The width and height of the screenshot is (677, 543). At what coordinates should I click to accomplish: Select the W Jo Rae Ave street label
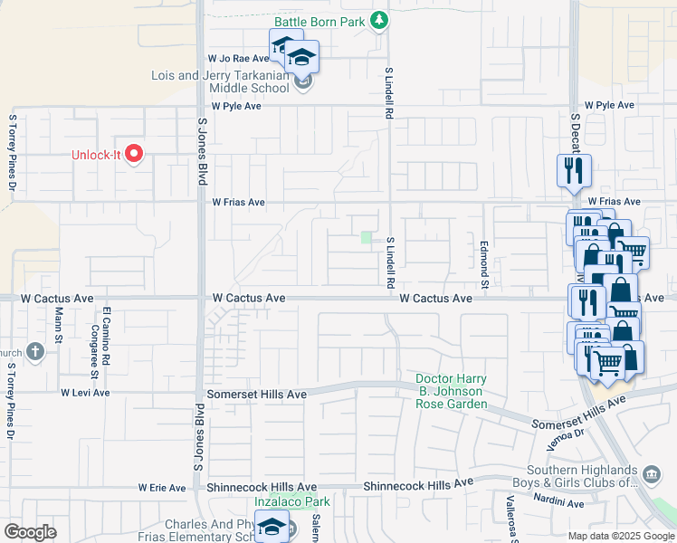pos(233,57)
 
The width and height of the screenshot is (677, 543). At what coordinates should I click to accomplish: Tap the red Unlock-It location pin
pos(135,155)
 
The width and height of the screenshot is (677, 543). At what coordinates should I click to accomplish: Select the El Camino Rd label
pos(106,329)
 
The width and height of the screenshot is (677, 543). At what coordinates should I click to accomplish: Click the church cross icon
pos(34,351)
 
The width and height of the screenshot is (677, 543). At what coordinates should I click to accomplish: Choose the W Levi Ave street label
pos(85,393)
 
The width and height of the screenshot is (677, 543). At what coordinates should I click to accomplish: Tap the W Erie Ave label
pos(162,488)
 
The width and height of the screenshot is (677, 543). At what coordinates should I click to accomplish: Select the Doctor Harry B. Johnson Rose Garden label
pos(451,391)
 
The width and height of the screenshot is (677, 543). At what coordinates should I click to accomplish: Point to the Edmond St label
pos(484,263)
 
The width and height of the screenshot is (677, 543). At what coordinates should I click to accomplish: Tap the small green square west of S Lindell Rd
pos(367,237)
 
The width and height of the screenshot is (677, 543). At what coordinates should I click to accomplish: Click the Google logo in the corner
pos(31,532)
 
